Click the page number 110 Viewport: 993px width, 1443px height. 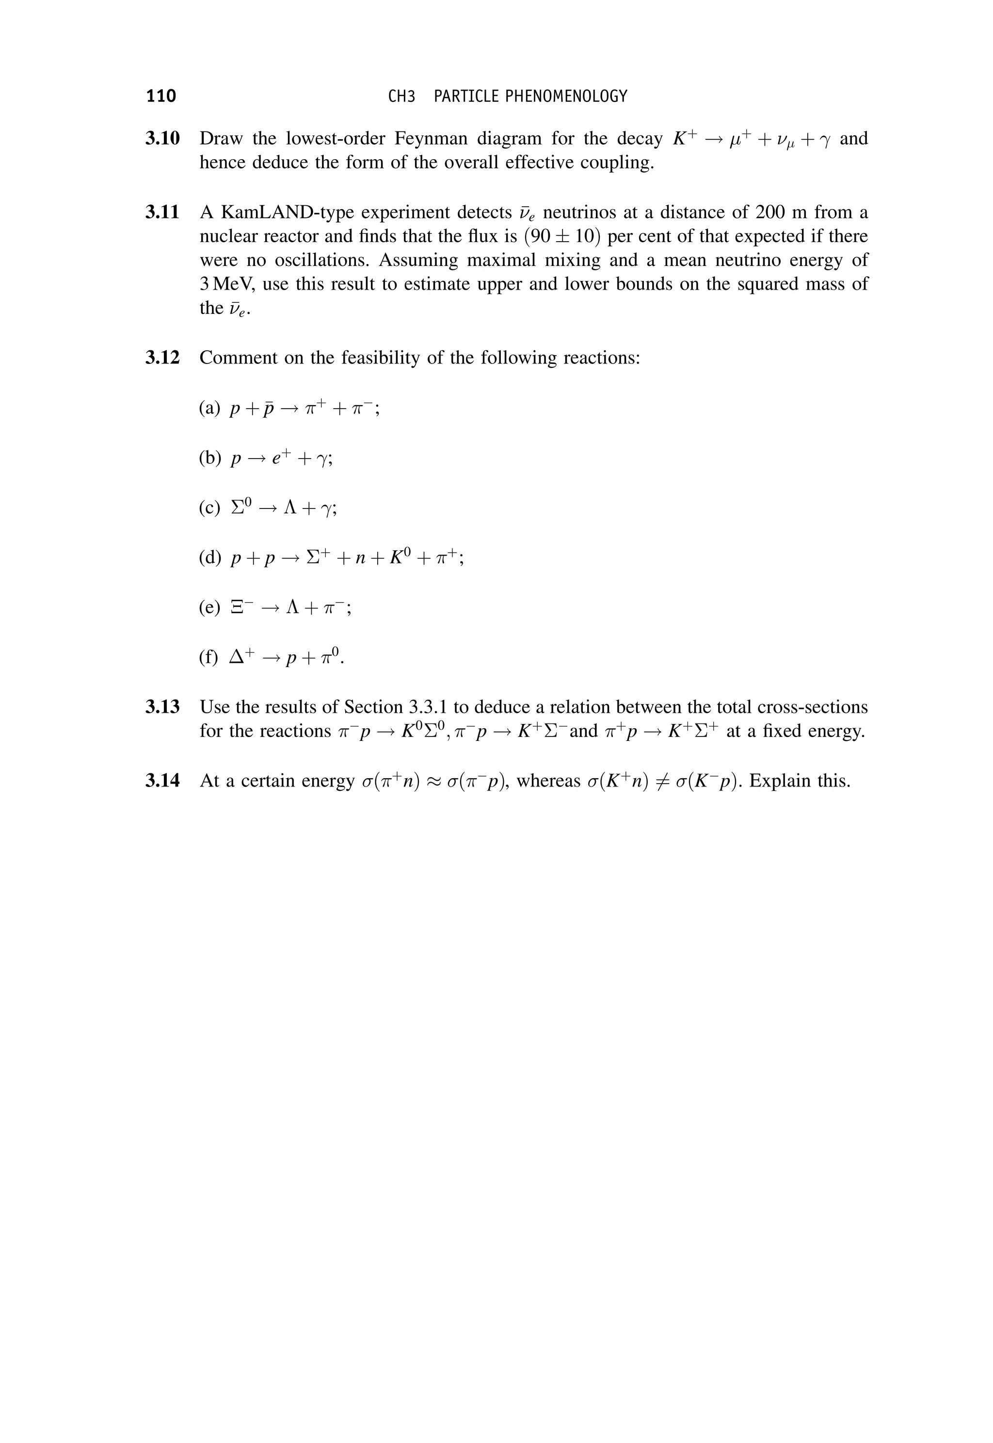pos(161,96)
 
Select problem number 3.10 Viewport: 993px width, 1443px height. pos(162,138)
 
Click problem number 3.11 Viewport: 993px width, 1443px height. pos(162,213)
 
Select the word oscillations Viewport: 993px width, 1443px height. pos(324,260)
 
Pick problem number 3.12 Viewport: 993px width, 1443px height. pos(162,358)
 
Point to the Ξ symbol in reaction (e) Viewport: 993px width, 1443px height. pos(237,607)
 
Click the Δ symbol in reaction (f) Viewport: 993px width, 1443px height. pos(238,657)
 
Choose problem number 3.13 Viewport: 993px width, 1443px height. pos(162,707)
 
